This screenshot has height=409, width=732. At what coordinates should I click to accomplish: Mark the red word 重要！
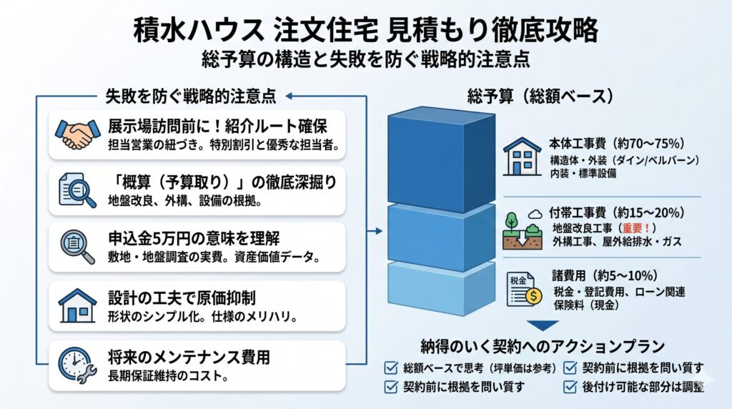point(634,227)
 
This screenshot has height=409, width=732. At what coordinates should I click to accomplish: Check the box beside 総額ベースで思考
point(391,369)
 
